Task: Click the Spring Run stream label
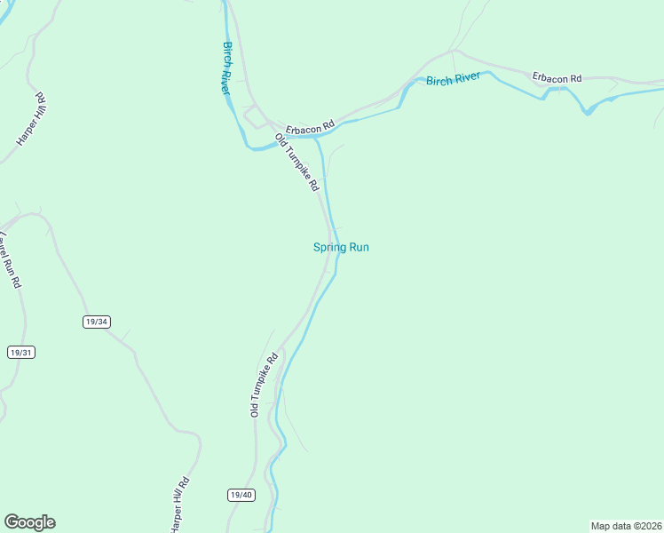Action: [341, 248]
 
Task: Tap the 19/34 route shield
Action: [96, 322]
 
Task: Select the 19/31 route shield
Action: [21, 353]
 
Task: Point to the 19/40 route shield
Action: [241, 495]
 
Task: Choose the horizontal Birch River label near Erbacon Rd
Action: [453, 79]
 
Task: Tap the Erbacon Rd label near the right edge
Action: [557, 78]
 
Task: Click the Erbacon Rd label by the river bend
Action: [310, 128]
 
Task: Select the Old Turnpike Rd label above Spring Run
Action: [296, 163]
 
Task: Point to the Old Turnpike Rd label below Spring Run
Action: [264, 385]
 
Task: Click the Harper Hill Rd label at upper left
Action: [31, 119]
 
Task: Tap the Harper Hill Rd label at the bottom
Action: [180, 504]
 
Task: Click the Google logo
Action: [29, 522]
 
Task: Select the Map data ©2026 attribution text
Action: [626, 526]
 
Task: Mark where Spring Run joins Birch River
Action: [314, 138]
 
